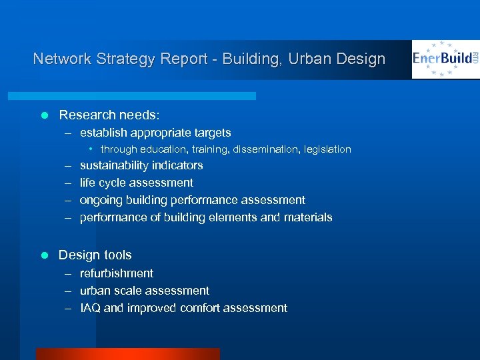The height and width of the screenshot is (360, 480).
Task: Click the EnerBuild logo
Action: click(x=445, y=59)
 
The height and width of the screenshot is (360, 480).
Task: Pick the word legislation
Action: click(x=327, y=149)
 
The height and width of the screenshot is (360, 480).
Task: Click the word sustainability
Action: click(x=114, y=165)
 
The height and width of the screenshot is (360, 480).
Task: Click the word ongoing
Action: click(x=101, y=200)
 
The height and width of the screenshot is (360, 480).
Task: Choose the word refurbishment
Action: click(x=117, y=273)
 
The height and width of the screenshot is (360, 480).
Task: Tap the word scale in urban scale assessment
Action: click(x=127, y=291)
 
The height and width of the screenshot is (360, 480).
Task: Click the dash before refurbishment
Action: click(x=69, y=273)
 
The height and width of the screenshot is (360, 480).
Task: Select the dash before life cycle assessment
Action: click(x=69, y=183)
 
